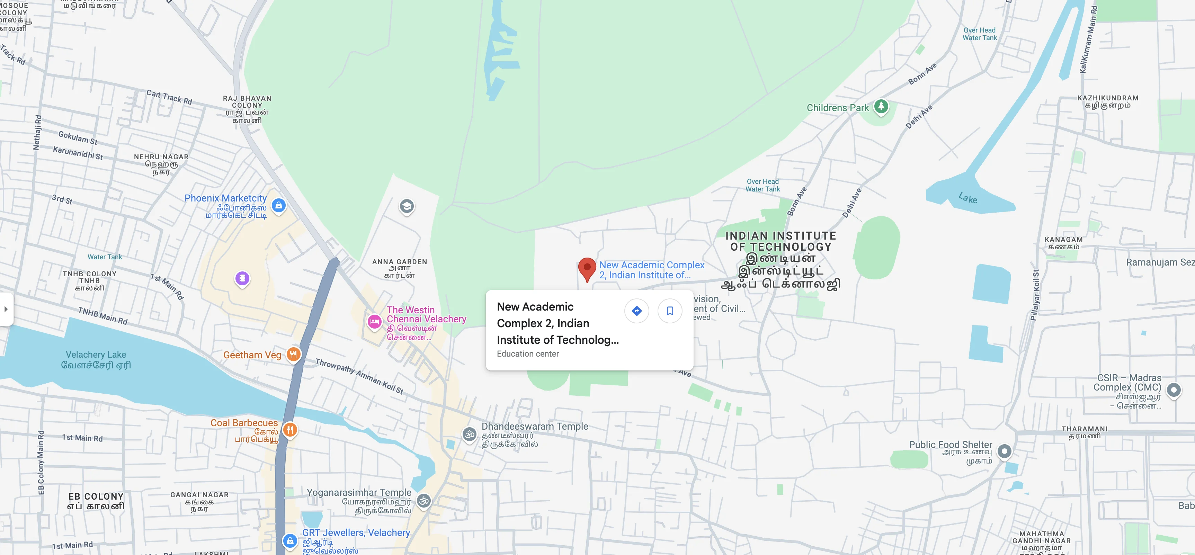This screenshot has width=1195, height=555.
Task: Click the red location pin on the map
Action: [x=587, y=268]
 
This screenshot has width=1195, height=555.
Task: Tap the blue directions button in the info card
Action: [x=636, y=311]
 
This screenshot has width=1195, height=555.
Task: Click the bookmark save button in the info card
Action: [x=669, y=311]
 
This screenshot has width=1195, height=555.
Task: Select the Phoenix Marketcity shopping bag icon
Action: [x=278, y=205]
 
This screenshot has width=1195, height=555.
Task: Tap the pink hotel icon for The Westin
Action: [x=374, y=321]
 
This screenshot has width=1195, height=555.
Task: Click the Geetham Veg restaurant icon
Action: [x=293, y=355]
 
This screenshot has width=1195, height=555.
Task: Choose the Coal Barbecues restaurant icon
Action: [x=290, y=429]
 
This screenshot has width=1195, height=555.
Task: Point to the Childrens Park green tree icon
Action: [x=881, y=107]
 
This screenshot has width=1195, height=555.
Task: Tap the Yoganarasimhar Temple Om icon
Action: [x=423, y=500]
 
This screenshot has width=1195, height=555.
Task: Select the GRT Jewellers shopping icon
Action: [x=290, y=540]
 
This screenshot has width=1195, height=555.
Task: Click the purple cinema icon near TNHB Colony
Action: [x=242, y=278]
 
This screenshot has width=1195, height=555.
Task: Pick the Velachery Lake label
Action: [x=96, y=360]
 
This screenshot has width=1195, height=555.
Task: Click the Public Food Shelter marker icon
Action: [x=1004, y=451]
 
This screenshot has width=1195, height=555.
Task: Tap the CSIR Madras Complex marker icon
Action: [x=1174, y=390]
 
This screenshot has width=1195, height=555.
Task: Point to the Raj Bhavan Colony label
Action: [x=247, y=109]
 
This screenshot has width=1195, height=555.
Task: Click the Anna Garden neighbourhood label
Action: [x=399, y=268]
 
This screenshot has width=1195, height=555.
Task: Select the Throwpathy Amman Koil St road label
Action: [x=359, y=376]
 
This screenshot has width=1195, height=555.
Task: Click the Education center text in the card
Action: [x=527, y=354]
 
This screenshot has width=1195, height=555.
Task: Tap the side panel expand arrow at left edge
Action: [x=6, y=309]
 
